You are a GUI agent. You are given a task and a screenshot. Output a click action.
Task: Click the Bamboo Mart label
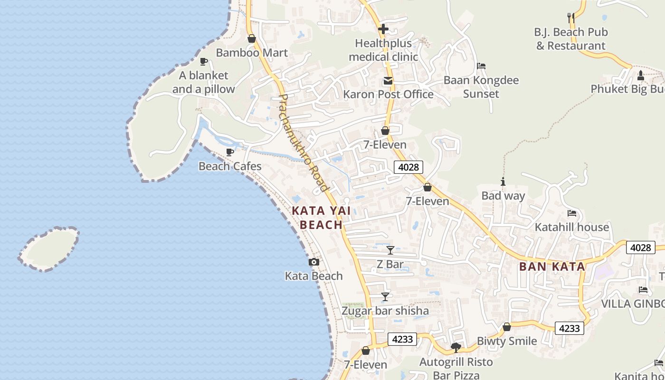coord(252,53)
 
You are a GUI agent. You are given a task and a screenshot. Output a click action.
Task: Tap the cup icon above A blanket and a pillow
coord(204,61)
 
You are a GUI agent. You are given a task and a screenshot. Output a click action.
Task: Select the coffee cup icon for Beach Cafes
coord(230,152)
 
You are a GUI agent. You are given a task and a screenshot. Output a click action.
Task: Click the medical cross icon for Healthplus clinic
coord(383,29)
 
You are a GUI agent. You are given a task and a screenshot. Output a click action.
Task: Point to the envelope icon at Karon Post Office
coord(388,81)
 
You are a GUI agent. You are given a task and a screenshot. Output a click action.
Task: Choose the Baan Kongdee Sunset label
coord(481,87)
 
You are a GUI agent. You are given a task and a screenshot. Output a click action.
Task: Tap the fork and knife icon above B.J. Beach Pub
coord(571,18)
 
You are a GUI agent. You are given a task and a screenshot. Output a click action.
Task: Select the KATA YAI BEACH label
coord(317,218)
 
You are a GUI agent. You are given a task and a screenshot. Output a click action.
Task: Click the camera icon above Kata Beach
coord(313,262)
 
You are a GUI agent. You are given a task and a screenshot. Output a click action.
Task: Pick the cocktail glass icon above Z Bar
coord(390,250)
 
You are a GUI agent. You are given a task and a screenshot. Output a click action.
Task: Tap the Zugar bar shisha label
coord(385,311)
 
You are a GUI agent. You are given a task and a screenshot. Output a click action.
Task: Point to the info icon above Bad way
coord(503,181)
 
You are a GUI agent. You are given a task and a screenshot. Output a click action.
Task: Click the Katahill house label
coord(571,227)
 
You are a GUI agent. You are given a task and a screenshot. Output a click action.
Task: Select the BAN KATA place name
coord(552,266)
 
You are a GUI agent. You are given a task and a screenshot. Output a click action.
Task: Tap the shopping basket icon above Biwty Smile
coord(507,327)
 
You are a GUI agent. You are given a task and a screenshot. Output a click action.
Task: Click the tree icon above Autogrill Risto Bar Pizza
coord(456,348)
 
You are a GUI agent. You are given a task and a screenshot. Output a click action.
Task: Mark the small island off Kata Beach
coord(49,249)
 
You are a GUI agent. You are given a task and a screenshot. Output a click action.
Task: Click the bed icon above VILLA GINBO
coord(643,289)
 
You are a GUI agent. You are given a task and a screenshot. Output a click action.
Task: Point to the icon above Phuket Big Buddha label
coord(640,75)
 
